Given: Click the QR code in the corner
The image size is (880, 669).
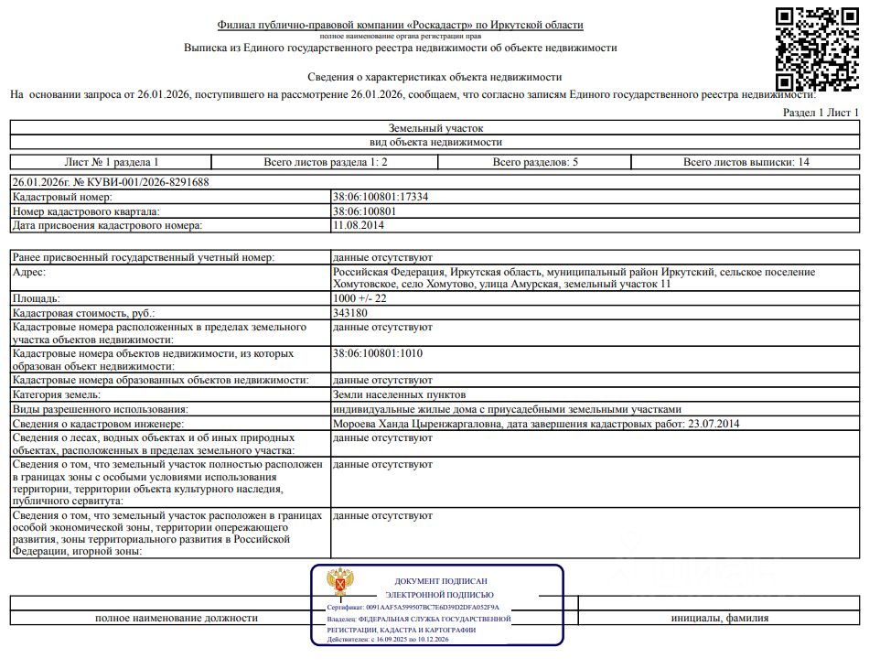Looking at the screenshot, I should coord(817,49).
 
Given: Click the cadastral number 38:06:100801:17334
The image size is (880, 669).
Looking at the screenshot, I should coord(381,197).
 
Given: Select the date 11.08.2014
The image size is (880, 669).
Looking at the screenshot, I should coord(359,224).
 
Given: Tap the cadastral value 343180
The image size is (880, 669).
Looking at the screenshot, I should coord(351,313).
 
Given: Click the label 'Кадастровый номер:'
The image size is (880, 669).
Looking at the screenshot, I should coord(62,197).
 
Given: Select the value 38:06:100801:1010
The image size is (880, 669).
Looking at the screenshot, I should coord(378,353).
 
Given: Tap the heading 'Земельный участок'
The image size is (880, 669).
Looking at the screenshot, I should coord(435,128).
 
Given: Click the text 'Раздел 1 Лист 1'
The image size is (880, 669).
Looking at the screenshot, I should coord(821,112).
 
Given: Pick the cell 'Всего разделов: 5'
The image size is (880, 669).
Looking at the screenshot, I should coord(535,162).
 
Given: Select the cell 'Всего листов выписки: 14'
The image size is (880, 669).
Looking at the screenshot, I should coord(746,162).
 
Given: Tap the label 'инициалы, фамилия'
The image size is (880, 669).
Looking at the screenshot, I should coord(719,618).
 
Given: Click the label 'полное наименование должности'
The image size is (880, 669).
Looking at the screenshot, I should coord(177,618).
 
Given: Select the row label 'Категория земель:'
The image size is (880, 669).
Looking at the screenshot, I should coord(58,394).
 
